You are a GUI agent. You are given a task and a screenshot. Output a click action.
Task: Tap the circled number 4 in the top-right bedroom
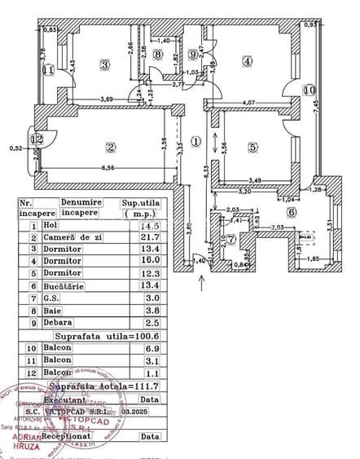pos(247,60)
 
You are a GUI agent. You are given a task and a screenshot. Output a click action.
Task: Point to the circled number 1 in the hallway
pos(195,140)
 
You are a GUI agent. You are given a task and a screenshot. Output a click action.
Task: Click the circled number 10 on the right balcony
pos(309,90)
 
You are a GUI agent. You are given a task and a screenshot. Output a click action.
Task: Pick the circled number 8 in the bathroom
pos(158,55)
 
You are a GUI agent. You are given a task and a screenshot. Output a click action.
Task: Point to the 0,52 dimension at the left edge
pos(15,148)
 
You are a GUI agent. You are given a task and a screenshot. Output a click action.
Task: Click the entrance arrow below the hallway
pos(202,282)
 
